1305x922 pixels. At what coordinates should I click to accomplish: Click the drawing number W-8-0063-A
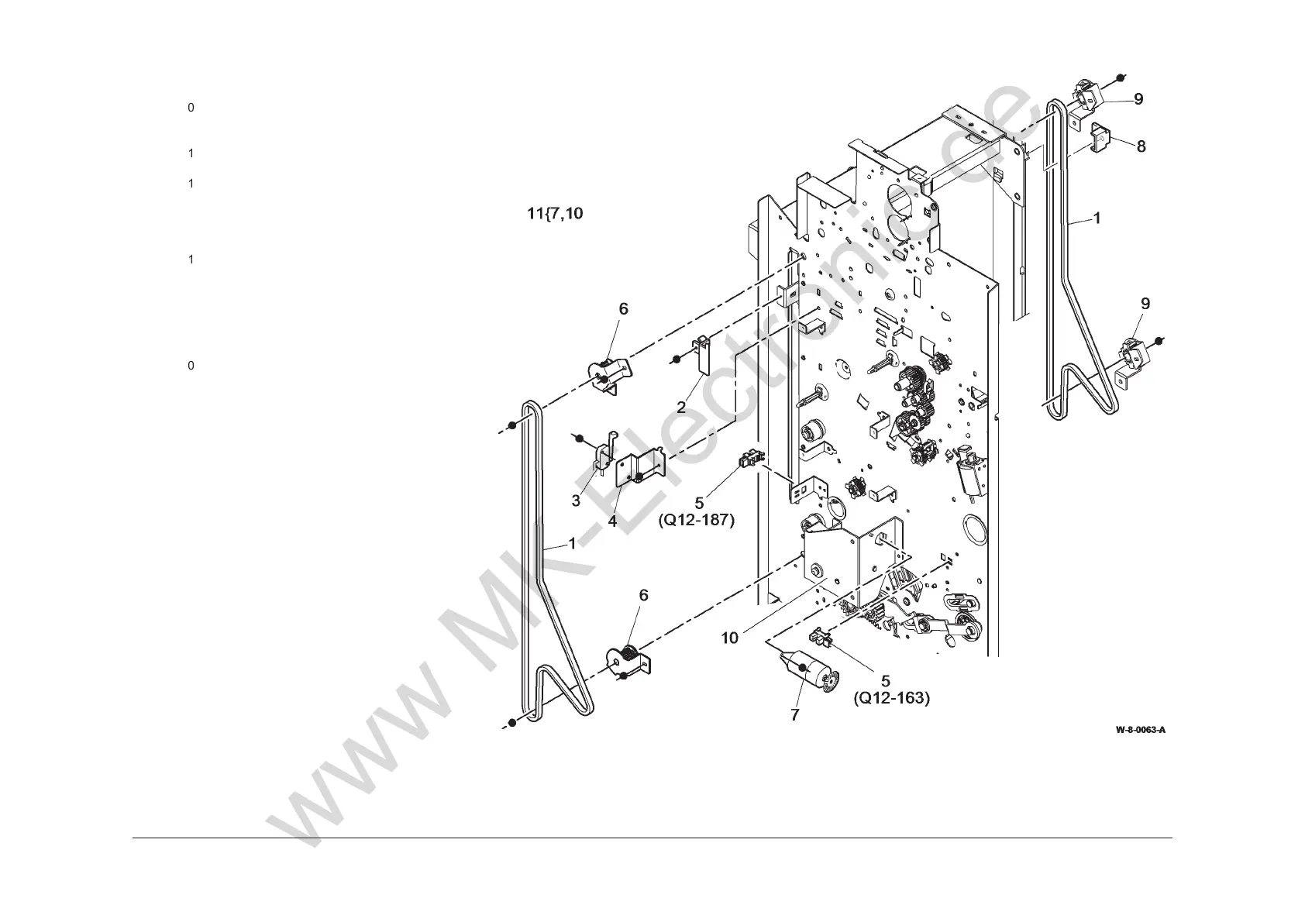point(1140,730)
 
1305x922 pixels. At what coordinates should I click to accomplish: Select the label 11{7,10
point(555,213)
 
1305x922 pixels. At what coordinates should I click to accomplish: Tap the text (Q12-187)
point(696,520)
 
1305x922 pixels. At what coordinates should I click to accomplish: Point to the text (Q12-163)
point(891,698)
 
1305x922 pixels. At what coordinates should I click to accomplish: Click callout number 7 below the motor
point(794,715)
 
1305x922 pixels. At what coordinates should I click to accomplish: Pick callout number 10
point(729,638)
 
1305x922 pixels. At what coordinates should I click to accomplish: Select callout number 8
point(1141,146)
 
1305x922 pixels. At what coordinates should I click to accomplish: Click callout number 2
point(681,407)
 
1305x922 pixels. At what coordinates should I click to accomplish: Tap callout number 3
point(576,501)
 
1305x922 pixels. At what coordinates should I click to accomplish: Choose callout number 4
point(612,521)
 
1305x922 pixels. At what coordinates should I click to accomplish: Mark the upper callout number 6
point(623,308)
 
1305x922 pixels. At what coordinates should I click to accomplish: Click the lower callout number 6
point(643,595)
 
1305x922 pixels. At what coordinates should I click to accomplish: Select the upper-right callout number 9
point(1138,99)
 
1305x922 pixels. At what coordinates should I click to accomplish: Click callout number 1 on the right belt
point(1097,219)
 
